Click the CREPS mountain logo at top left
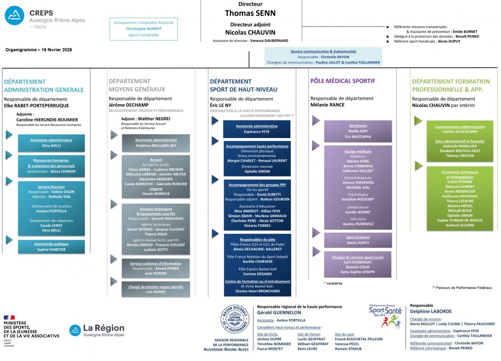pos(14,15)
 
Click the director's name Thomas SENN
pos(250,13)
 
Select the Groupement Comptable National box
pos(143,29)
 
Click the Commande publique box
pos(51,246)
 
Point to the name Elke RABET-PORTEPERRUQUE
pos(37,105)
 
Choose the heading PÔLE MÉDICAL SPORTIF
pos(343,81)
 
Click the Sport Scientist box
pos(358,240)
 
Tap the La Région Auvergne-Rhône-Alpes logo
pos(97,330)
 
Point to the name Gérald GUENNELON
pos(279,312)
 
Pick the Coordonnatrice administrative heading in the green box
pos(460,127)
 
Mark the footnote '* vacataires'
pos(333,283)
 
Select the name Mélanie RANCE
pos(327,105)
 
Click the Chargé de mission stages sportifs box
pos(156,289)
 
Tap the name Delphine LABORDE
pos(431,311)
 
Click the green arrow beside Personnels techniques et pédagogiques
pos(418,166)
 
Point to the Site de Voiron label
pos(309,334)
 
